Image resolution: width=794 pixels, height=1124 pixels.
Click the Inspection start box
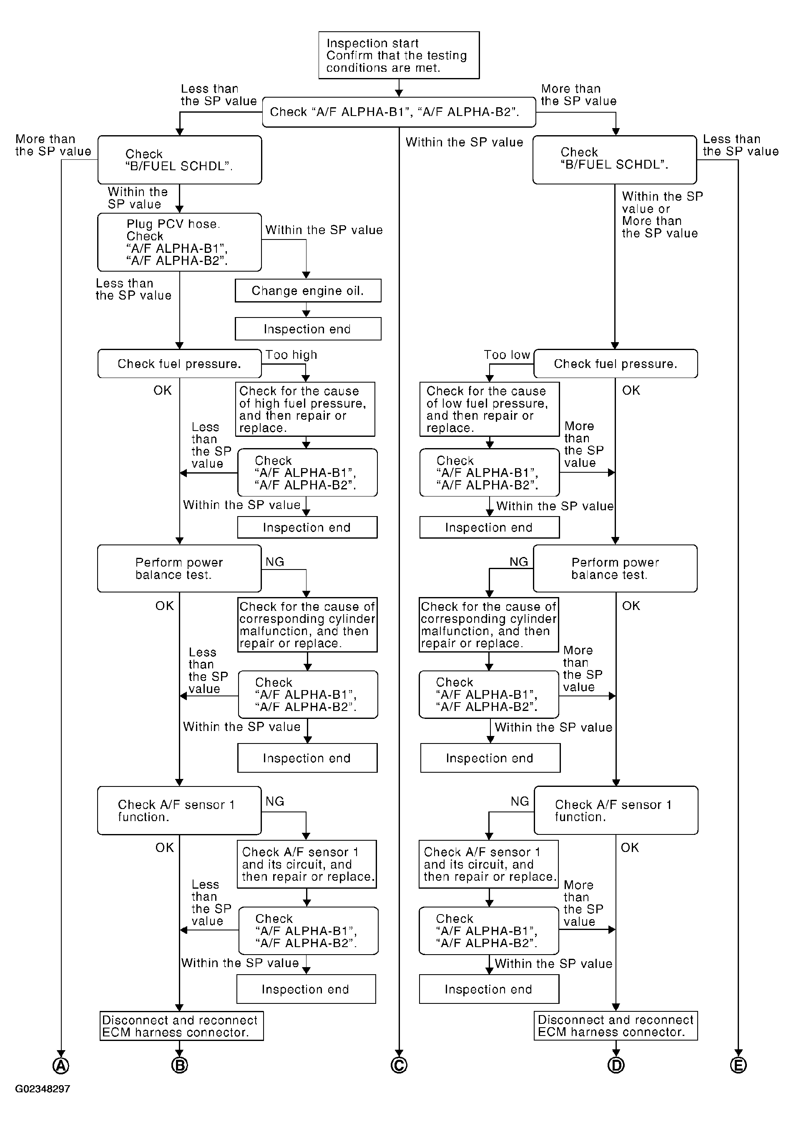pos(399,55)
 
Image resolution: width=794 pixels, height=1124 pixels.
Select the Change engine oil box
pos(308,291)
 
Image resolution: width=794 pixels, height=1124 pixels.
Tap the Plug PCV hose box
pos(180,242)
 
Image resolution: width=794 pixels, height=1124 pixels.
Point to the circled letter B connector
pos(180,1066)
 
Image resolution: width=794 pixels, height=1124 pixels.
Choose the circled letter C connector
pos(399,1066)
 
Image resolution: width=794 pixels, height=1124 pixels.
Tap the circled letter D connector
pos(616,1066)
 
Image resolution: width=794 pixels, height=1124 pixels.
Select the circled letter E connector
pos(738,1066)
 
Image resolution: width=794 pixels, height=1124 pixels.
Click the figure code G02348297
pos(43,1089)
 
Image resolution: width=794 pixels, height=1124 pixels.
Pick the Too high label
pos(291,355)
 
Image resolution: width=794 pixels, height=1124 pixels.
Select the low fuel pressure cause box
pos(489,409)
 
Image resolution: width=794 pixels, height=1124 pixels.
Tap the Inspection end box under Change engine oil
pos(308,329)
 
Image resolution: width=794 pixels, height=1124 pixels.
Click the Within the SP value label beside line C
pos(464,142)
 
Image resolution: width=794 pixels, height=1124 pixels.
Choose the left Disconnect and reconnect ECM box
pos(181,1026)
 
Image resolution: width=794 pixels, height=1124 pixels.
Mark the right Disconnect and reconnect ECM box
pos(616,1026)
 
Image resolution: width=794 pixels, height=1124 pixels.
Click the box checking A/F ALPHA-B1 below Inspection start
pos(399,112)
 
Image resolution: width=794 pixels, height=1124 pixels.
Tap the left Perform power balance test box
pos(180,568)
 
